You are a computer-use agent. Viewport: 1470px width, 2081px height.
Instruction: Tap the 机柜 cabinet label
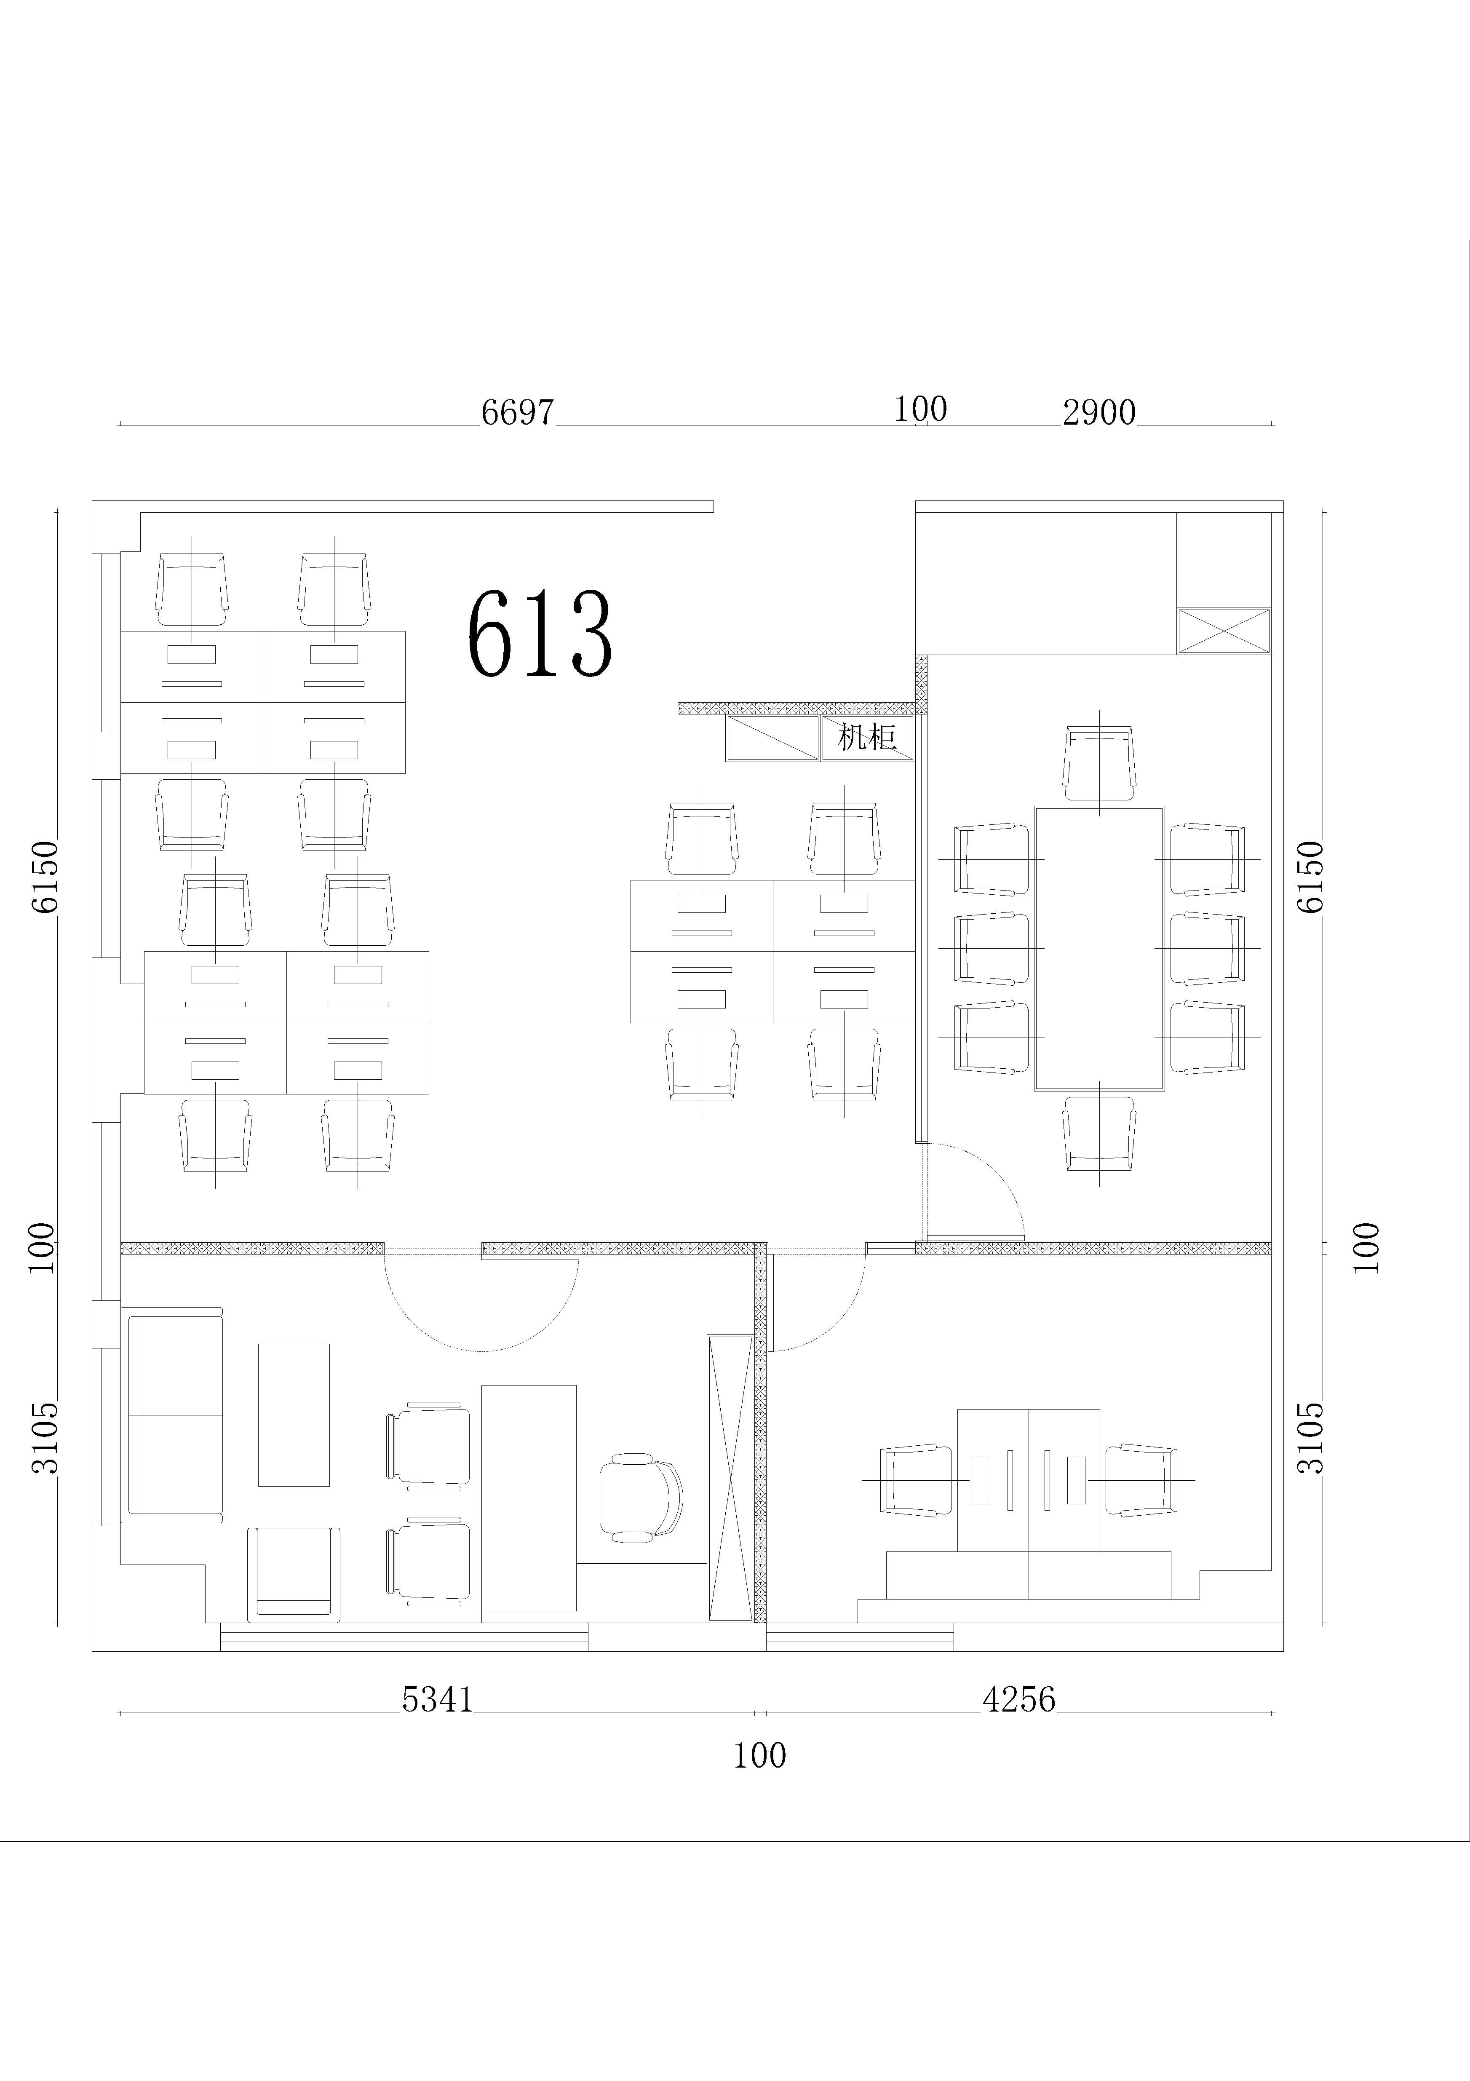coord(867,737)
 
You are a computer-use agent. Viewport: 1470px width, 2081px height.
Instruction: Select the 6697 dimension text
coord(516,412)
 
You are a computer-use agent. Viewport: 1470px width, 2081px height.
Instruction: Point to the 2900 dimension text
coord(1098,412)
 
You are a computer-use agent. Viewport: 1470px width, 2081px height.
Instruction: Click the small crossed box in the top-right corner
coord(1224,631)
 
